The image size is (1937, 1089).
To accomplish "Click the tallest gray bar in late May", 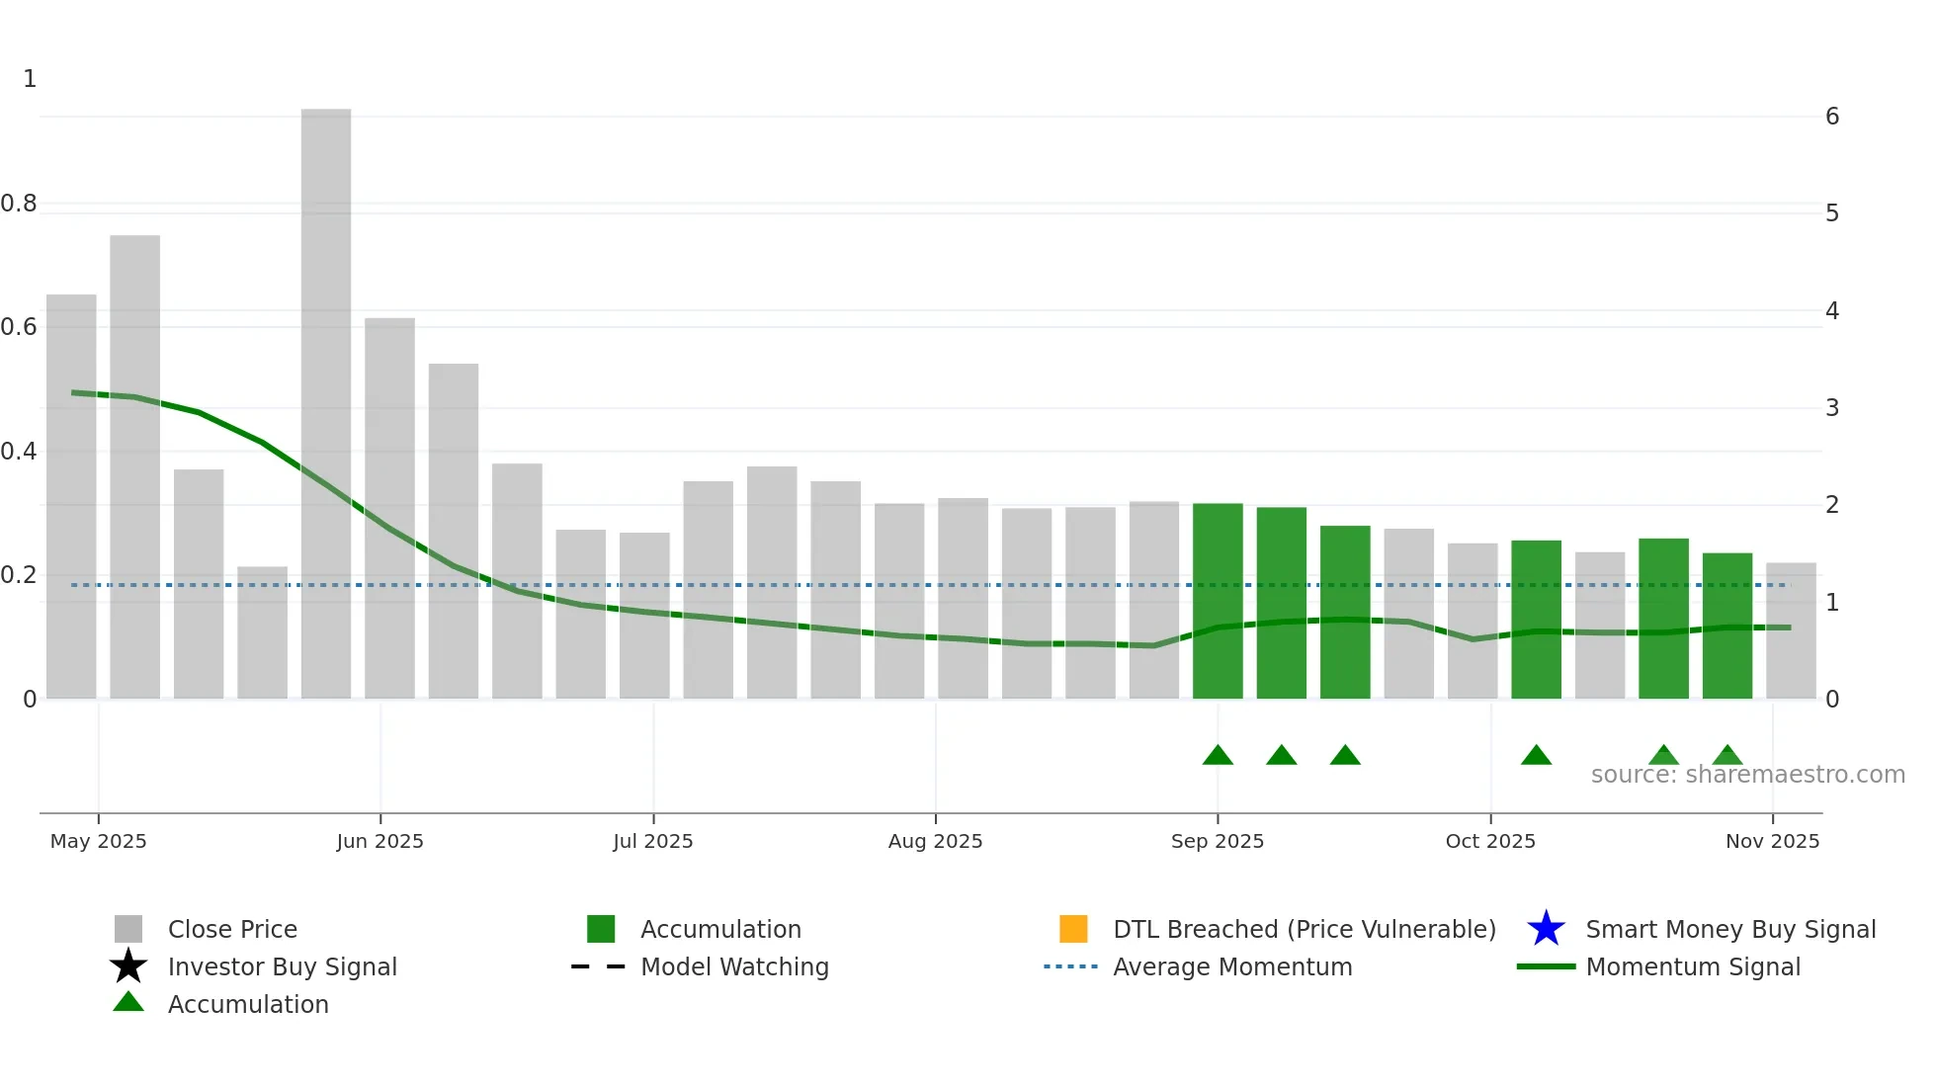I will (326, 405).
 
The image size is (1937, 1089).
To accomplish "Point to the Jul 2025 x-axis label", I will (652, 841).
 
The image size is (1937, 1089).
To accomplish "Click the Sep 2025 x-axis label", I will (1217, 841).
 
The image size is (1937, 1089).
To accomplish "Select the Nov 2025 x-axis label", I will (1772, 841).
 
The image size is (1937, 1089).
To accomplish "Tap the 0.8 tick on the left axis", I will (19, 204).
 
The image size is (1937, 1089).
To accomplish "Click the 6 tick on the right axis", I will (1832, 117).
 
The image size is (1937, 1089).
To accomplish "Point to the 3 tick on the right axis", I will (1832, 408).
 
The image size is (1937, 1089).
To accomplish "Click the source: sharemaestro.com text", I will (1747, 775).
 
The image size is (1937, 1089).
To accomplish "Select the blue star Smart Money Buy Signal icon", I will (1546, 929).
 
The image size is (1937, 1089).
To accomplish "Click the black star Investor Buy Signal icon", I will (128, 966).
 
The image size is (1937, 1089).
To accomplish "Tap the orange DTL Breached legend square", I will (1073, 929).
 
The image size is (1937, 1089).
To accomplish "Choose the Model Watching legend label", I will (734, 966).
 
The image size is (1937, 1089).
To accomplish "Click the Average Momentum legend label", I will (1232, 966).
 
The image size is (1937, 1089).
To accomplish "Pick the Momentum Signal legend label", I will (1693, 966).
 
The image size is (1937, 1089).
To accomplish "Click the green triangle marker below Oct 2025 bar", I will (1536, 756).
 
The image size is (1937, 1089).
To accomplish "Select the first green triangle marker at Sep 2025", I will (1218, 756).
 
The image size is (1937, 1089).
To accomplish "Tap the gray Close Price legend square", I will (128, 929).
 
